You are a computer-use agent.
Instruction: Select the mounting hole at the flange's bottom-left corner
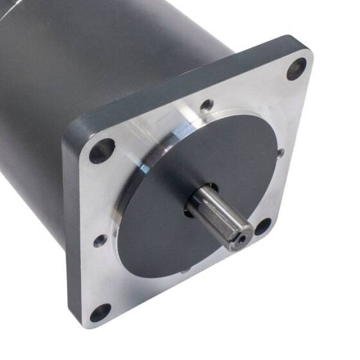(100, 314)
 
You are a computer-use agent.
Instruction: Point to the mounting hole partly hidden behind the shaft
(263, 226)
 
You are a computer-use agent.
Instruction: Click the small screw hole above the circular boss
(206, 105)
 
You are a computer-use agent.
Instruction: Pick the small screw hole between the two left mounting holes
(100, 241)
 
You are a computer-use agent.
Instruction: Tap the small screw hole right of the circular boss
(281, 152)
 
